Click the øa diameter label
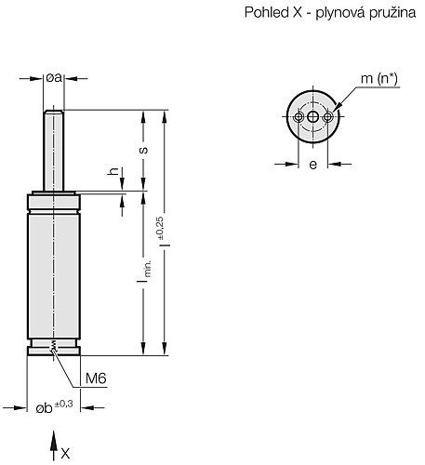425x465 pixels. click(54, 77)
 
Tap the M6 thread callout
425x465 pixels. click(96, 379)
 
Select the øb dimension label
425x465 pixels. click(44, 408)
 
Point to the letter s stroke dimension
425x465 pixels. click(143, 150)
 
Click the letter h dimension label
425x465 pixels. click(113, 171)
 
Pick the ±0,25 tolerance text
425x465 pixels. click(160, 228)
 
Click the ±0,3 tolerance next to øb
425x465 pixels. click(64, 404)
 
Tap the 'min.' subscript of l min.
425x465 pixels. click(148, 269)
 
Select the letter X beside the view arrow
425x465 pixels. click(65, 454)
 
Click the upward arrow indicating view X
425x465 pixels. click(54, 445)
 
